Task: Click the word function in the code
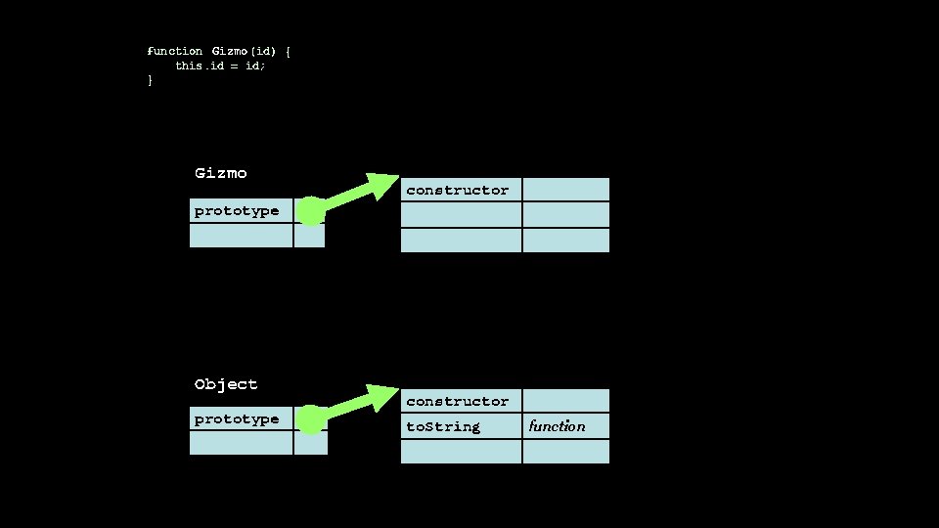coord(175,51)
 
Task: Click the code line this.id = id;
coord(220,66)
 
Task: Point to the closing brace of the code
coord(150,80)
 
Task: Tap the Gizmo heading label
coord(221,173)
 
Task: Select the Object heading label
coord(226,384)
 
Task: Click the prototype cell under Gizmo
coord(241,211)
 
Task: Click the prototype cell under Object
coord(241,419)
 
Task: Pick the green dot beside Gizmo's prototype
coord(310,211)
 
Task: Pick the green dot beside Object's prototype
coord(310,420)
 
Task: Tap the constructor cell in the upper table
coord(461,190)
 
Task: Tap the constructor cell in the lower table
coord(461,401)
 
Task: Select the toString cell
coord(461,426)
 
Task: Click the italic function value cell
coord(565,426)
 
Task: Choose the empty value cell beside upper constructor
coord(565,190)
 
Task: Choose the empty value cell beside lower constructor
coord(565,401)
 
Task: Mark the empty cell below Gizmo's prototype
coord(241,236)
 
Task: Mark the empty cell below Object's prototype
coord(241,443)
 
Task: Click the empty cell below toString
coord(461,452)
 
